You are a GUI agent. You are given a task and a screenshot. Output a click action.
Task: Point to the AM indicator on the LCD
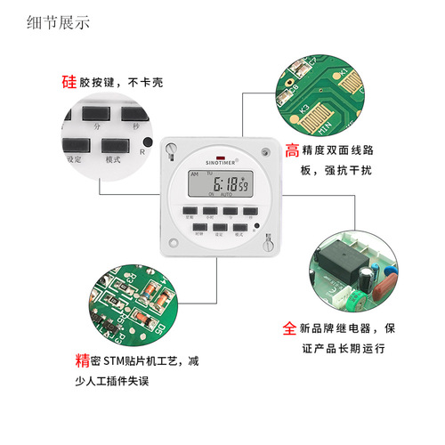[195, 175]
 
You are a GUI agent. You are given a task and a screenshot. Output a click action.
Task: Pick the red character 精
[82, 361]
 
